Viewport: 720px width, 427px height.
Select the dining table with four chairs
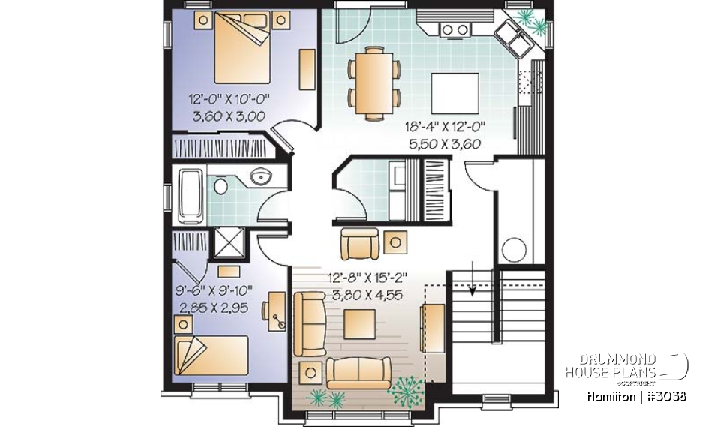coord(373,82)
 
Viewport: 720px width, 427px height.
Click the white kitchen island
coord(456,92)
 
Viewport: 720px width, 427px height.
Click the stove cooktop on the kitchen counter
coord(453,30)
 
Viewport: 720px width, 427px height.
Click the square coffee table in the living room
coord(359,324)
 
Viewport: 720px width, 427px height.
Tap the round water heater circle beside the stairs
coord(514,249)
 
